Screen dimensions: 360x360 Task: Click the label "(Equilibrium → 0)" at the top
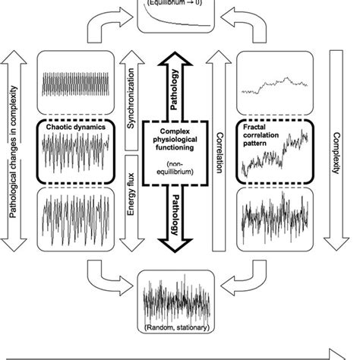click(x=179, y=5)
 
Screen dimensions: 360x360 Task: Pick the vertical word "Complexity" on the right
click(x=336, y=153)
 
